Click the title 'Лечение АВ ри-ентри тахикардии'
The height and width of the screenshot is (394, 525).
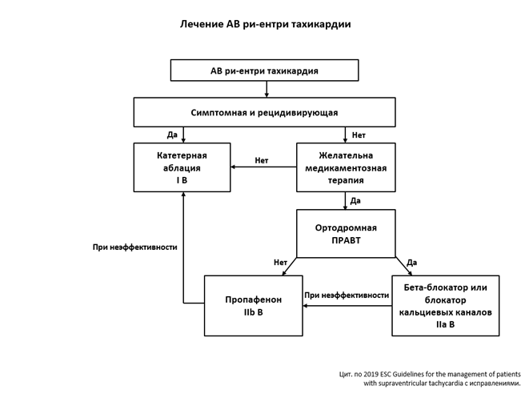(265, 24)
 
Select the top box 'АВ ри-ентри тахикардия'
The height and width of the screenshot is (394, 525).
(264, 70)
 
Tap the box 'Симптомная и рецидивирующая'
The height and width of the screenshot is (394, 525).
(264, 112)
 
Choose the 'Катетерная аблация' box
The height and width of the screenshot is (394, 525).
(182, 167)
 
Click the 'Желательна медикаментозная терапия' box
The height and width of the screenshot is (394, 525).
(346, 167)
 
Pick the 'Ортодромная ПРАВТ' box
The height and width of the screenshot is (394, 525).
(346, 233)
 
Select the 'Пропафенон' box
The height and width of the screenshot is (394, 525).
(253, 305)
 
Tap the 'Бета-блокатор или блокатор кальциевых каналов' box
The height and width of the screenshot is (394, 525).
(445, 305)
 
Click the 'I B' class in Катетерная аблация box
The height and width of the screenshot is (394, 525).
(182, 181)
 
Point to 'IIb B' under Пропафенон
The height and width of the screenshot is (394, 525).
(254, 312)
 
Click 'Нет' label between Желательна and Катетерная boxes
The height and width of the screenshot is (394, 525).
(262, 160)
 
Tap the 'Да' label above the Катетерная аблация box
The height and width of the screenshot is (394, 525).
(172, 135)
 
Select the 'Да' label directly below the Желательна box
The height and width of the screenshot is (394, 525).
(355, 200)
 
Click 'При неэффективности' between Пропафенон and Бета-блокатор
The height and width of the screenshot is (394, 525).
(347, 295)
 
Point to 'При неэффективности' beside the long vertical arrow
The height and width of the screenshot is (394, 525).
(134, 247)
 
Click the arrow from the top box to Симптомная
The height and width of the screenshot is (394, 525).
(264, 89)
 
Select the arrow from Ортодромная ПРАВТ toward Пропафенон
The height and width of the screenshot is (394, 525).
(289, 267)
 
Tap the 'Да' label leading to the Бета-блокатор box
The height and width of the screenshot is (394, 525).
(411, 262)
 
